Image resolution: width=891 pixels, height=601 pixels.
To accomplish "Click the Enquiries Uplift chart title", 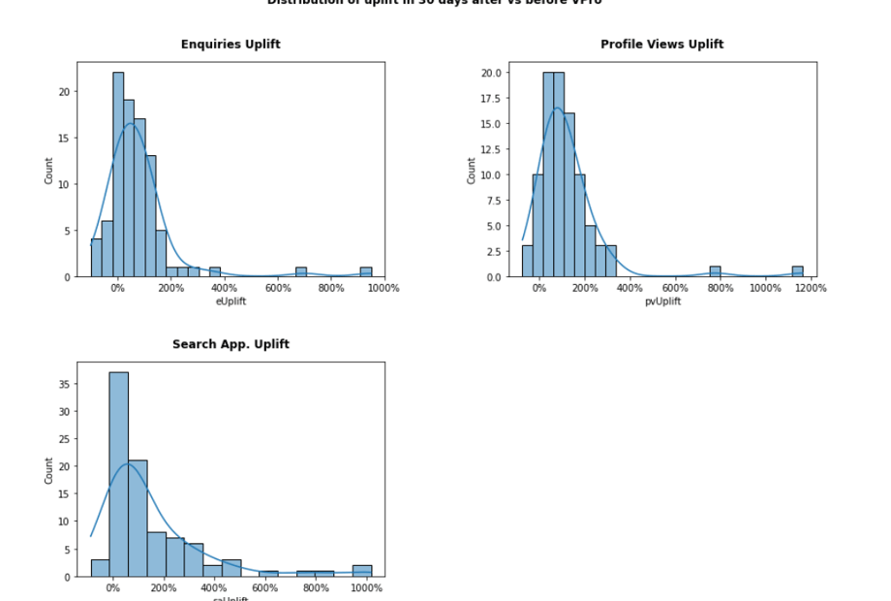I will [230, 45].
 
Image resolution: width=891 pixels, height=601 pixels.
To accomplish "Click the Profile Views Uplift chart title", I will [661, 45].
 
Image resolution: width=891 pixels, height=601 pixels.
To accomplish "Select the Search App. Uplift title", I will [230, 344].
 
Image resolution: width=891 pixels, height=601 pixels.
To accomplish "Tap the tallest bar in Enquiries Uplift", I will [118, 174].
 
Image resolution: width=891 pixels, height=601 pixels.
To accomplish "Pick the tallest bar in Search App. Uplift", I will [119, 474].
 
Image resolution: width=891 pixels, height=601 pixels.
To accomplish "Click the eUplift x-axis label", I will [230, 301].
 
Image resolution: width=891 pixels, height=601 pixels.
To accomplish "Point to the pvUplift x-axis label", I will [662, 301].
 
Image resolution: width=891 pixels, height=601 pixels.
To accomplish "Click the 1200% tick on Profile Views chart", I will [811, 288].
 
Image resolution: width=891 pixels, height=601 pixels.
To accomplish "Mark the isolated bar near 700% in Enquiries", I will [301, 272].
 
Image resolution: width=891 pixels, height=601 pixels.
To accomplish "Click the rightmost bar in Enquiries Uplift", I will [366, 272].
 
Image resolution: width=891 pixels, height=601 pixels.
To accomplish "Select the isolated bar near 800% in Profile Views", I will [715, 271].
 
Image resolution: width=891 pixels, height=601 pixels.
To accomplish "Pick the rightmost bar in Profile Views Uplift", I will [797, 271].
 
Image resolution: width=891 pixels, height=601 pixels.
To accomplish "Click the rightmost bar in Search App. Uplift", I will [362, 571].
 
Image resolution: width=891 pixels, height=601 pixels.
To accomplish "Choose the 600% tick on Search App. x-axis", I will [265, 587].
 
